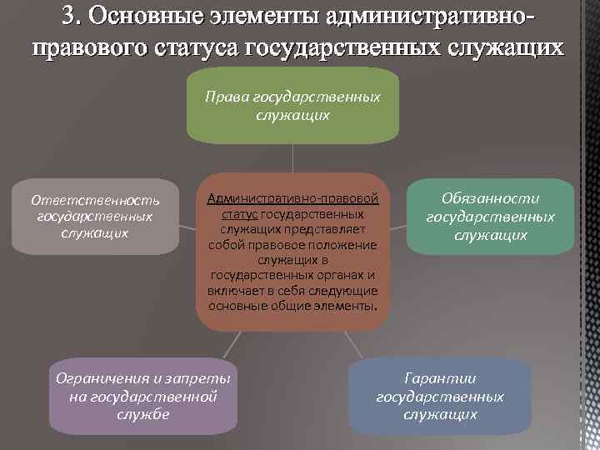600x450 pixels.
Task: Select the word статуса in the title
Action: [x=198, y=46]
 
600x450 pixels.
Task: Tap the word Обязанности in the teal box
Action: [x=490, y=199]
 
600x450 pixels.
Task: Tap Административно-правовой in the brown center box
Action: [x=292, y=199]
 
